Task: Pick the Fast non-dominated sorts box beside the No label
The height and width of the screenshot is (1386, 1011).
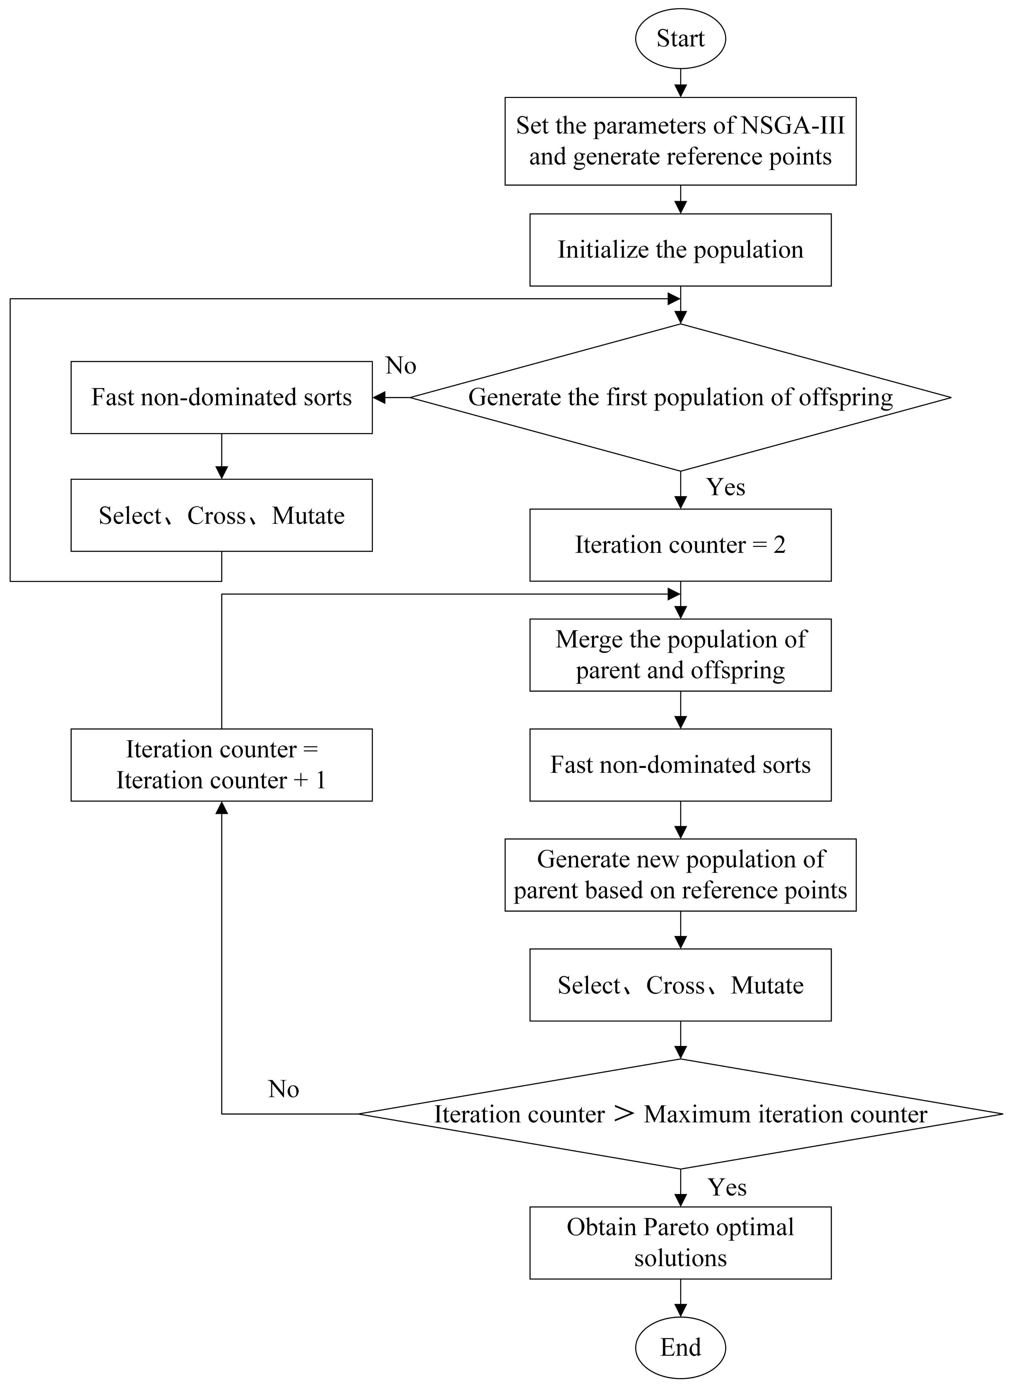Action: click(222, 397)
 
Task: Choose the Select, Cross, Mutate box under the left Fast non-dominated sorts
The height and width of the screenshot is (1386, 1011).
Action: click(222, 515)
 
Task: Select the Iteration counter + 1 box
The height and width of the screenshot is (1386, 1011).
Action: click(222, 764)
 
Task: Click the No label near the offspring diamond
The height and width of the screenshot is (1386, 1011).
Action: click(401, 366)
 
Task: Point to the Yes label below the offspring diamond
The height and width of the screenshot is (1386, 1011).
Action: click(726, 487)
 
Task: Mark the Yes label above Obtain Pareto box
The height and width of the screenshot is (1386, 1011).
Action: click(727, 1187)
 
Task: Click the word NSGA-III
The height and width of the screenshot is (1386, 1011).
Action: click(793, 125)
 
